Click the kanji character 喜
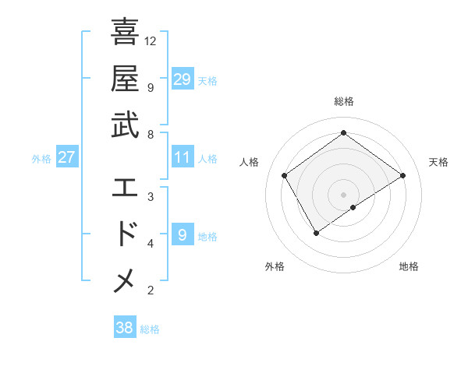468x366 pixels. (x=125, y=33)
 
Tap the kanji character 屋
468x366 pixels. (x=125, y=79)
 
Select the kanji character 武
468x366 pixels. (x=125, y=125)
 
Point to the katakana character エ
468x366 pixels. (x=125, y=187)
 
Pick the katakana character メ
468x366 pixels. (x=125, y=280)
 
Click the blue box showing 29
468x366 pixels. (x=182, y=79)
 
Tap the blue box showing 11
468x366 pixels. (x=182, y=157)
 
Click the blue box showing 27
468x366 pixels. (x=66, y=157)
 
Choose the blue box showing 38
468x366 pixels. (x=124, y=328)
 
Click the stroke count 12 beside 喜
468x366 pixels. (x=151, y=40)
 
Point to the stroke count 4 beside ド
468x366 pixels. (x=150, y=244)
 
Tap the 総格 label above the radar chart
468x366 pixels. (x=343, y=101)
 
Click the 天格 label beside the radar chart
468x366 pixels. (x=438, y=162)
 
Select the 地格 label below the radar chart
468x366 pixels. (x=409, y=266)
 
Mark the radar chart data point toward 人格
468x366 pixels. (x=285, y=175)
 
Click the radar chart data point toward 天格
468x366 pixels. (x=402, y=175)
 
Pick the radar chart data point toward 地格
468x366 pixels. (x=353, y=207)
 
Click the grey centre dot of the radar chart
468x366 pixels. (x=343, y=194)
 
